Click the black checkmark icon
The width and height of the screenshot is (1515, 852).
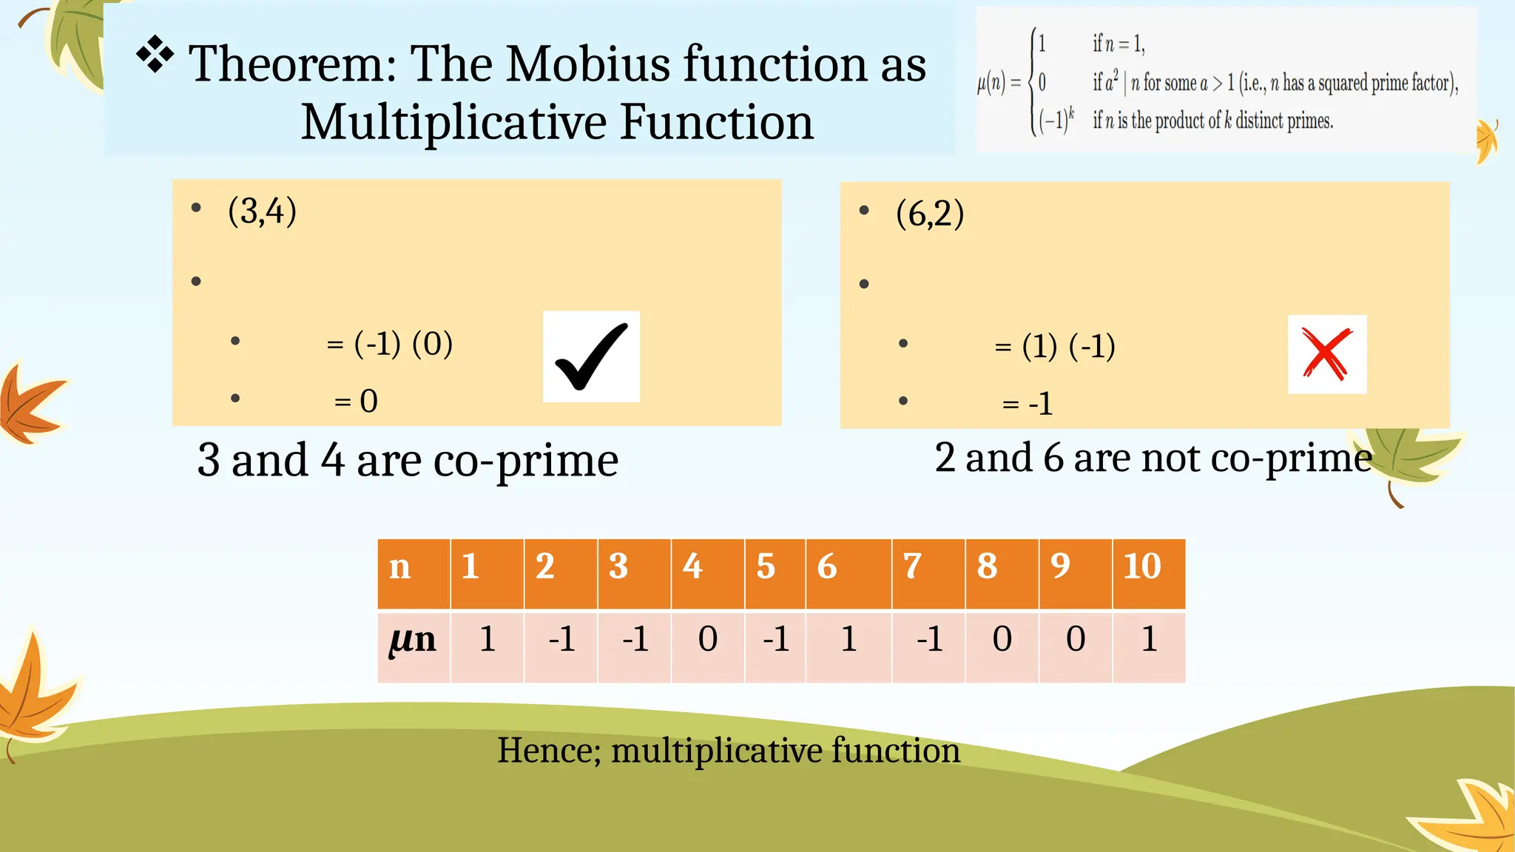591,356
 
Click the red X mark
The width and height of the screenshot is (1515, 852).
1327,355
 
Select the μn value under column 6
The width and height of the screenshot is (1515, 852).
848,639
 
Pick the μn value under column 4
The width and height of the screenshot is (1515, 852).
708,639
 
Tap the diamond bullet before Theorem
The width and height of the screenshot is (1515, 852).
155,55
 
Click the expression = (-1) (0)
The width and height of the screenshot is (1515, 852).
390,344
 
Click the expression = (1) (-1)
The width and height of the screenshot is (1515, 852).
1055,346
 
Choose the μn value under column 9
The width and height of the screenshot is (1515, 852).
1076,639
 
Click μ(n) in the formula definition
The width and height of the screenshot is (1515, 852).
991,83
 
